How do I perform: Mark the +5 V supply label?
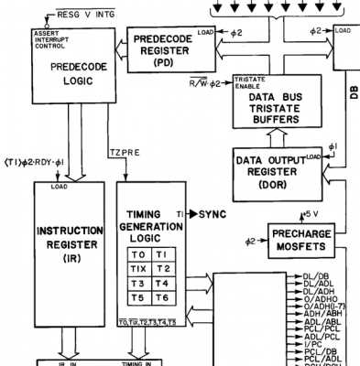[x=311, y=215]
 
